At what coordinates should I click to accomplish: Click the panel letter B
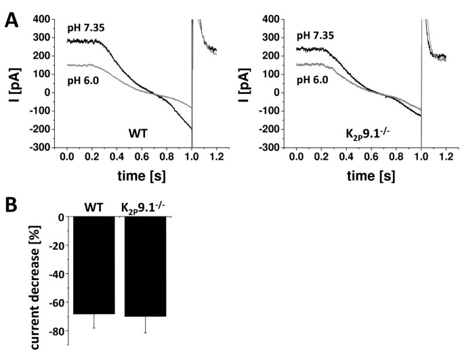(x=12, y=202)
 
